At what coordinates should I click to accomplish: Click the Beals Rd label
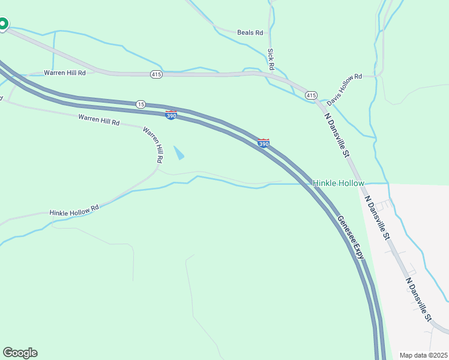(x=250, y=32)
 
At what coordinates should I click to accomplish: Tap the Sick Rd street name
(x=271, y=59)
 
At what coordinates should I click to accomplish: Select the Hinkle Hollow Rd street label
(x=74, y=211)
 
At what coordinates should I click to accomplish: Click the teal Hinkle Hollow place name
(x=338, y=183)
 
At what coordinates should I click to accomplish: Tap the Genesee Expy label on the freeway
(x=350, y=238)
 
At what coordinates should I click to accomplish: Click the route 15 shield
(x=140, y=104)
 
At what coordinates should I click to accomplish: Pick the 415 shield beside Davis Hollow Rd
(x=311, y=95)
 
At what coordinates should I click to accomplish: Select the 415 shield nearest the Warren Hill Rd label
(x=156, y=74)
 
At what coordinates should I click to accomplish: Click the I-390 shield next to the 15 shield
(x=171, y=115)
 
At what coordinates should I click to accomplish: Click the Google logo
(x=20, y=353)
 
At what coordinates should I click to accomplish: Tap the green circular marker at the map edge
(x=2, y=24)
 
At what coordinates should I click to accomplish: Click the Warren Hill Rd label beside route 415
(x=65, y=73)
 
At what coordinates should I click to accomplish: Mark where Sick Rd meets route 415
(x=274, y=75)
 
